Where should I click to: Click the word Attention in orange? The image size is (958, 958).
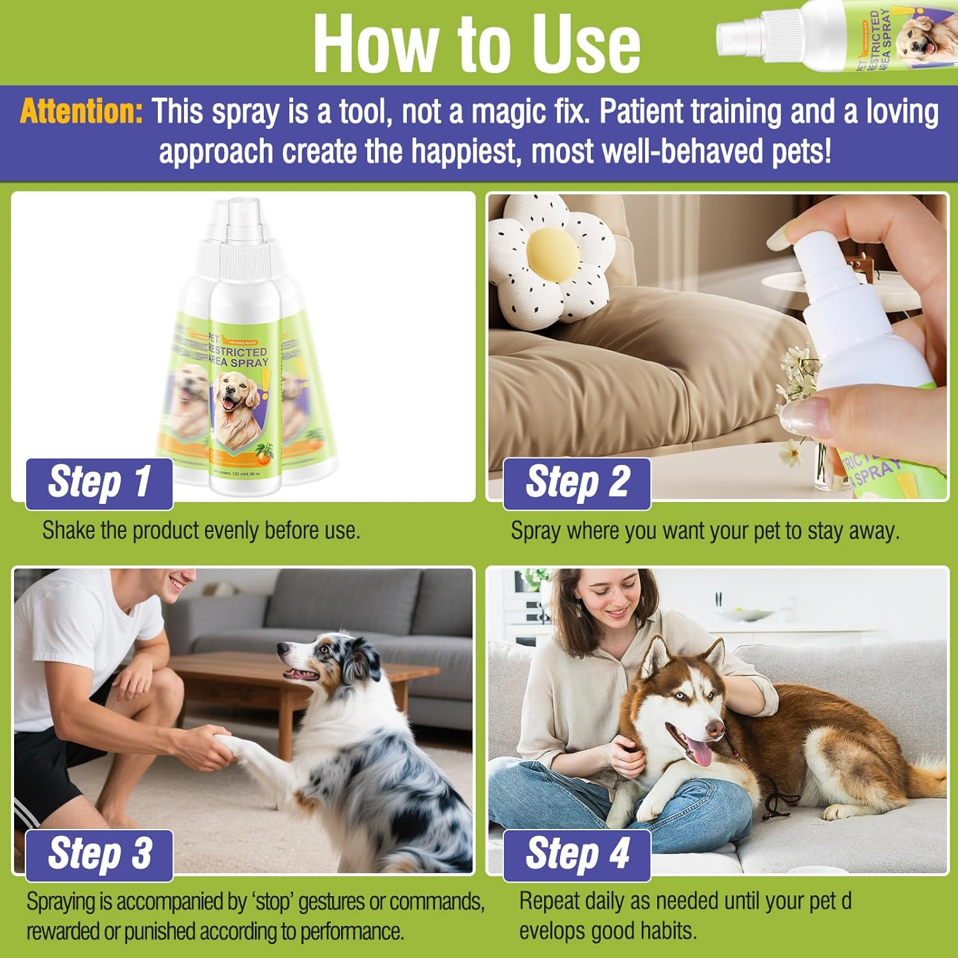click(82, 112)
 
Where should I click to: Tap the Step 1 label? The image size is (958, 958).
click(99, 482)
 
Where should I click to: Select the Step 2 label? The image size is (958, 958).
click(577, 482)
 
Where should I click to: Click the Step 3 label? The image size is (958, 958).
click(99, 854)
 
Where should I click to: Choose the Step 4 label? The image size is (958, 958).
click(577, 854)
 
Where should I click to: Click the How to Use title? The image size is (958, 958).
click(476, 43)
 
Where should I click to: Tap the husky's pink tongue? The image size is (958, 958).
click(701, 754)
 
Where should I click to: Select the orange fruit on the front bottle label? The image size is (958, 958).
click(263, 455)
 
